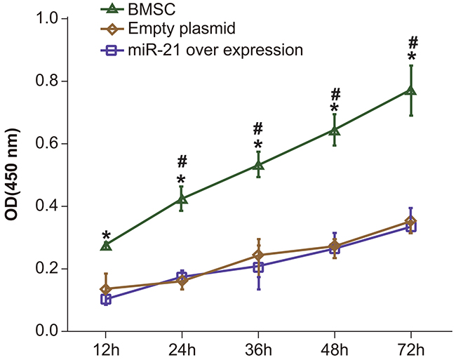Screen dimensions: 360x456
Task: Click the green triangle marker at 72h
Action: [x=412, y=90]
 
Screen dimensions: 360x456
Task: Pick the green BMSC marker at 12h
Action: [x=106, y=245]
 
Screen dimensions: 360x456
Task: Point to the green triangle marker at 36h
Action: [x=258, y=165]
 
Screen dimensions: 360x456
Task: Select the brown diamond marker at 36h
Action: [x=258, y=255]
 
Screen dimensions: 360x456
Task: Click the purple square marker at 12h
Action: [x=106, y=300]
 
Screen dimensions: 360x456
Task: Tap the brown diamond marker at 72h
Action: [x=412, y=222]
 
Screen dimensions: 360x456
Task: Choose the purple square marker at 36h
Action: [x=258, y=267]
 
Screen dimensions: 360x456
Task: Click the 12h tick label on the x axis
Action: [x=106, y=349]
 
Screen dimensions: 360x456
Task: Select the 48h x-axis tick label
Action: [x=335, y=349]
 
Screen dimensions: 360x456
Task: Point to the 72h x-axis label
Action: [x=412, y=349]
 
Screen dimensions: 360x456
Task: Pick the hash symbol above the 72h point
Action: [x=413, y=41]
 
